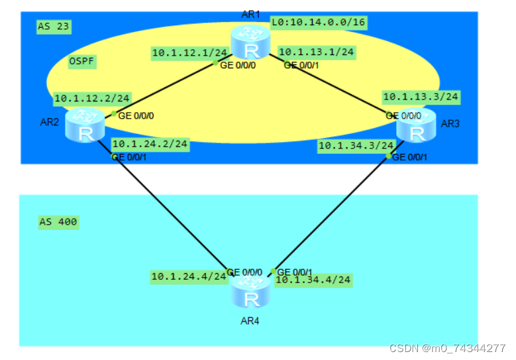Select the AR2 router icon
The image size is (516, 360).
[85, 126]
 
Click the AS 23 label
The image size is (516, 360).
[54, 27]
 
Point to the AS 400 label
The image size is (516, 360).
[58, 221]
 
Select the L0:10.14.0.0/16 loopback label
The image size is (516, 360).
[318, 23]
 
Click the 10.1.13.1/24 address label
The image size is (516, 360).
[316, 51]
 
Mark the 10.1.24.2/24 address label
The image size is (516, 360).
[150, 143]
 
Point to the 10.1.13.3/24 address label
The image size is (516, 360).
[421, 97]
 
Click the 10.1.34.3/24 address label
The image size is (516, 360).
[356, 145]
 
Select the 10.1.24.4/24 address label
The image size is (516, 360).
[189, 276]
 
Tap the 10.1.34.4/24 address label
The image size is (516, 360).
[313, 280]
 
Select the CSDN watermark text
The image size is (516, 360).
[447, 348]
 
